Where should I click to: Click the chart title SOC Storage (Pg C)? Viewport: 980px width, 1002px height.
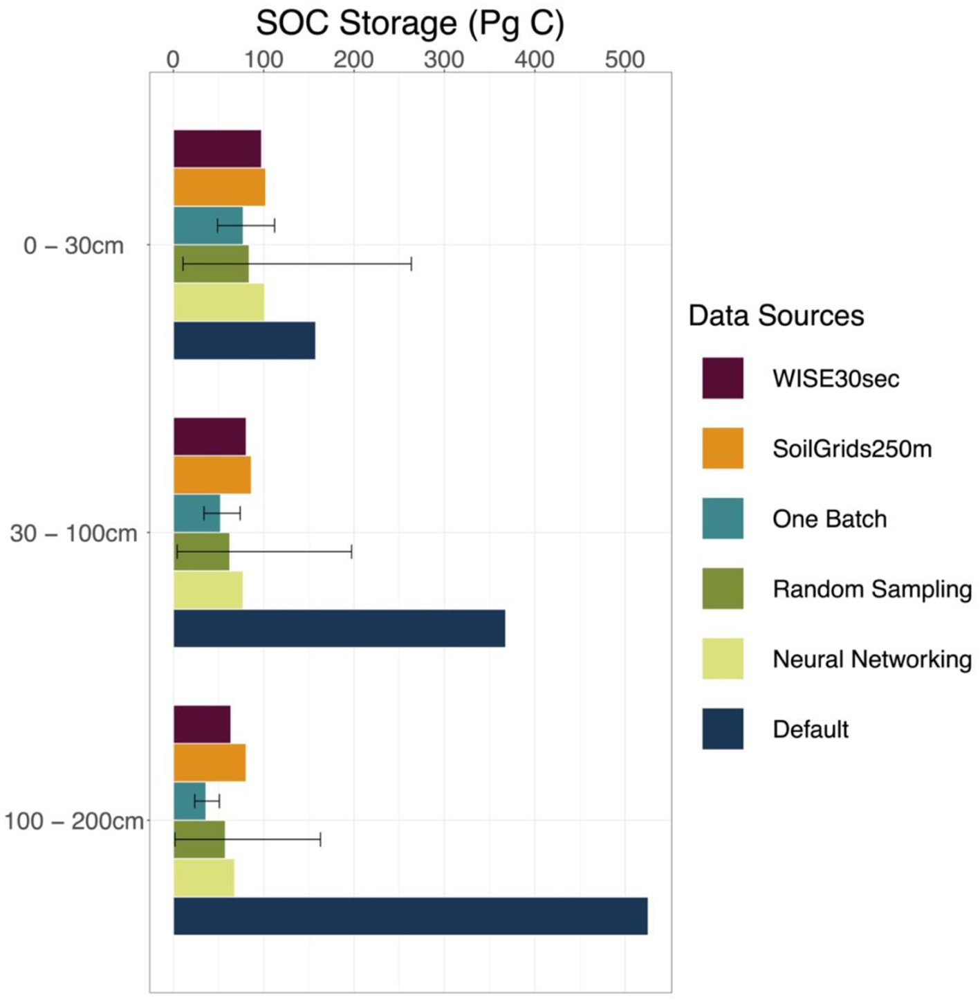click(x=410, y=23)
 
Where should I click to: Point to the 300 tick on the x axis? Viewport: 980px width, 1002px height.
click(x=444, y=60)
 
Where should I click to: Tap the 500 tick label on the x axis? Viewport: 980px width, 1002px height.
click(x=625, y=60)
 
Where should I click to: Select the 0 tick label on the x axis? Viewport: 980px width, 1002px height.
click(x=173, y=60)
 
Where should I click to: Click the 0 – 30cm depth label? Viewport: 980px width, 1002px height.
click(x=73, y=246)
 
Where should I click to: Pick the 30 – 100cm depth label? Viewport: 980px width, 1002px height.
click(x=73, y=534)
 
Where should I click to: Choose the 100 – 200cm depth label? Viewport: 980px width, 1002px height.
click(x=73, y=821)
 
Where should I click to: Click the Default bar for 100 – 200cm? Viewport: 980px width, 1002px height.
click(x=410, y=916)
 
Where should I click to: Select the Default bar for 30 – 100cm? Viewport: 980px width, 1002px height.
click(x=339, y=628)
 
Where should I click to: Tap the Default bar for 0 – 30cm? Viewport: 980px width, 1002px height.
click(x=244, y=340)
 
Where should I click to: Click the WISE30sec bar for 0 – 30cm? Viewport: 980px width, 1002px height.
click(x=217, y=149)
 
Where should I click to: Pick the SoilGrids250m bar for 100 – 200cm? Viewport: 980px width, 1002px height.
click(x=210, y=763)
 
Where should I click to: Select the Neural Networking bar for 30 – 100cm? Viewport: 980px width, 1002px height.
click(x=208, y=590)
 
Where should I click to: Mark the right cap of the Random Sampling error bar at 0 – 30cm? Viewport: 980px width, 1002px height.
click(x=412, y=264)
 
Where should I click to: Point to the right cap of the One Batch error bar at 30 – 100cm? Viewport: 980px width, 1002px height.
click(x=240, y=513)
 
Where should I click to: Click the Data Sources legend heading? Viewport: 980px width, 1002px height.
click(x=776, y=316)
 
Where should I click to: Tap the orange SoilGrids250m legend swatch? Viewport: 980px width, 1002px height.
click(x=723, y=448)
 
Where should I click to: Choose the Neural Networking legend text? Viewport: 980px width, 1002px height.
click(x=872, y=659)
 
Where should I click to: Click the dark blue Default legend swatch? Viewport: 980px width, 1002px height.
click(x=723, y=729)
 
